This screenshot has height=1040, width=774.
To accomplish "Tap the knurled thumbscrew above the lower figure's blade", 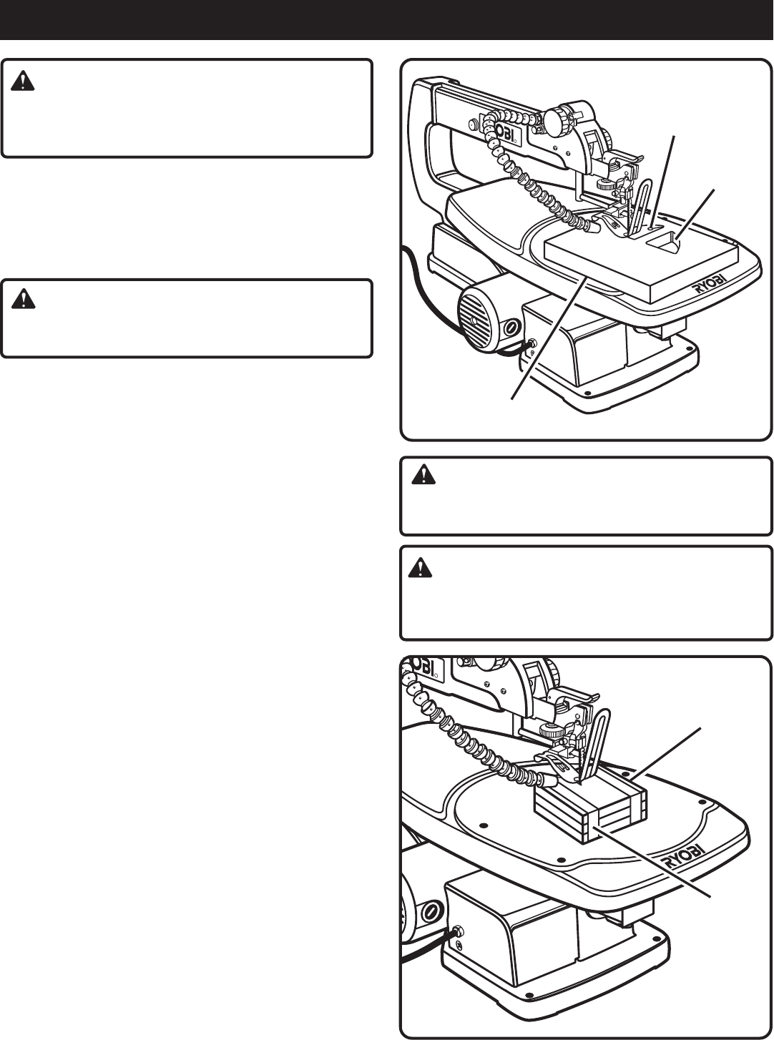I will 551,732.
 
